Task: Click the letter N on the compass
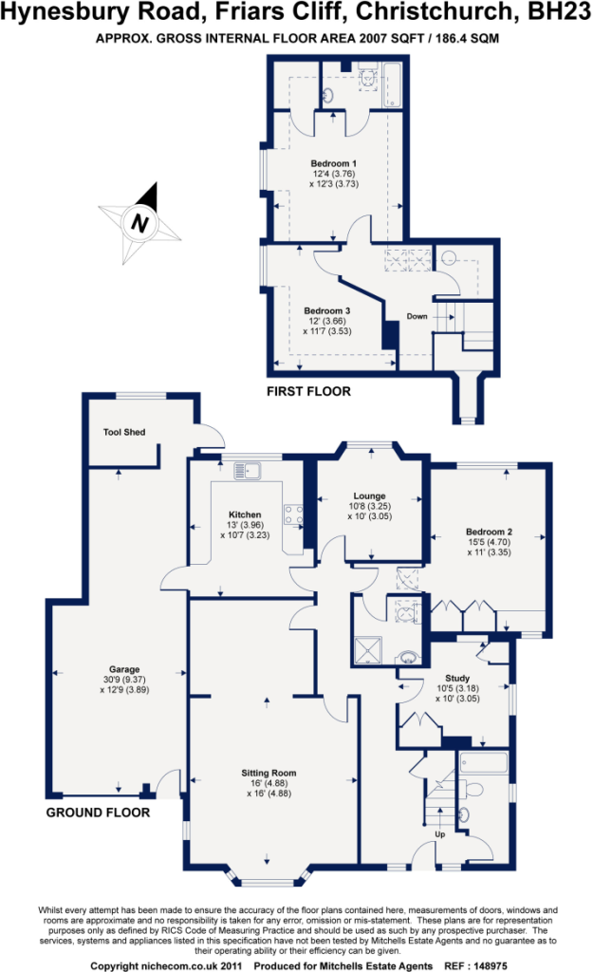coord(140,223)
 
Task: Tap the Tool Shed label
coord(124,432)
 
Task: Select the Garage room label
coord(124,669)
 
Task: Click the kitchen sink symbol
coord(248,471)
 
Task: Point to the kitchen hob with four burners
coord(294,514)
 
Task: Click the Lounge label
coord(369,495)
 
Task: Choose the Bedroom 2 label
coord(489,532)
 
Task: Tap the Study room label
coord(457,678)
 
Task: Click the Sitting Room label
coord(269,773)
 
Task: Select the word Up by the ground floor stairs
coord(440,834)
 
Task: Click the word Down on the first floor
coord(417,316)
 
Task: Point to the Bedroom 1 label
coord(333,163)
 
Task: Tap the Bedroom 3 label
coord(326,310)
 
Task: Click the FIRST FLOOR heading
coord(308,391)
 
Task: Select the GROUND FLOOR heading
coord(98,813)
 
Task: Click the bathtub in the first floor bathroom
coord(392,85)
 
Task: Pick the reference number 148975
coord(491,965)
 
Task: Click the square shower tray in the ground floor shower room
coord(369,649)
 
